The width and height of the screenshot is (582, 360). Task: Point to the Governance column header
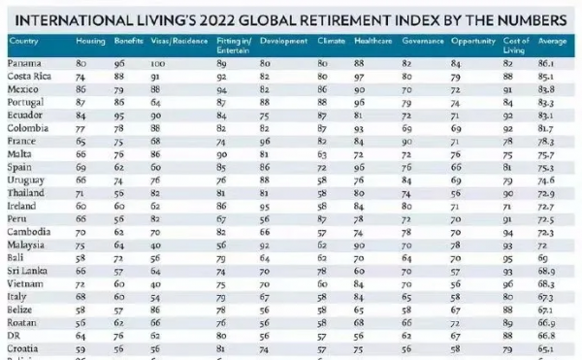tap(419, 42)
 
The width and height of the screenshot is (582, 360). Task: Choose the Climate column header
tap(331, 42)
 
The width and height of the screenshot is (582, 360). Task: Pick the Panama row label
tap(25, 62)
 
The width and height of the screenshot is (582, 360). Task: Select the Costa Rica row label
tap(30, 75)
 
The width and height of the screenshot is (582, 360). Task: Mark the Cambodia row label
tap(30, 233)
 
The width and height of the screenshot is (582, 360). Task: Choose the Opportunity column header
tap(471, 42)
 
